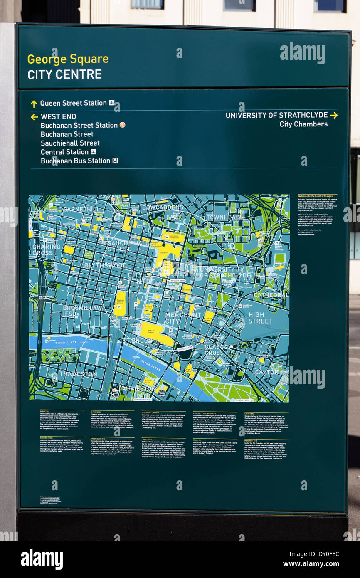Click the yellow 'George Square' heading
[68, 59]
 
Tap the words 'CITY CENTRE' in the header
[64, 74]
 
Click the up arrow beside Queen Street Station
[34, 104]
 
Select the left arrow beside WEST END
[34, 117]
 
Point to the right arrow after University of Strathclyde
[333, 115]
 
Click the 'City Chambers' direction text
[303, 124]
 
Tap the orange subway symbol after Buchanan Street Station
[122, 125]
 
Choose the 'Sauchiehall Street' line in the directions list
[70, 143]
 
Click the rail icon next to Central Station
[94, 152]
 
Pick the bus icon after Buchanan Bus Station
[115, 161]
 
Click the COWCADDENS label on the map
[163, 207]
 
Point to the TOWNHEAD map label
[223, 217]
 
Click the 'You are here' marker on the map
[177, 281]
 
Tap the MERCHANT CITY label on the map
[183, 318]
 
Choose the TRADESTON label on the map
[78, 374]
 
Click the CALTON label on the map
[266, 372]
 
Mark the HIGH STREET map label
[261, 318]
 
